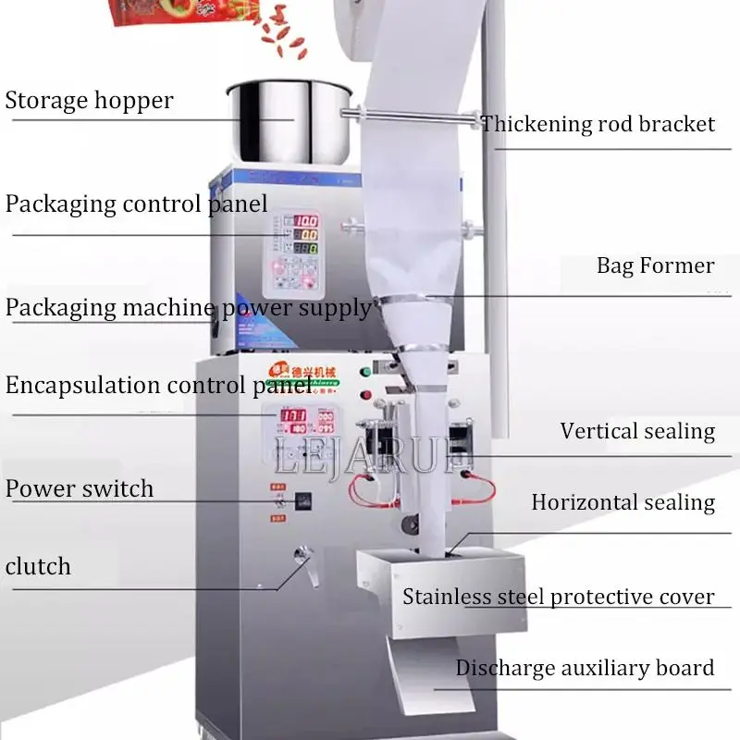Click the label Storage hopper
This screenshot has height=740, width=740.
(x=89, y=100)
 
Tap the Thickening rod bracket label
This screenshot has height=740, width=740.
(x=598, y=124)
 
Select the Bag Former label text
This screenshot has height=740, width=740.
(x=655, y=266)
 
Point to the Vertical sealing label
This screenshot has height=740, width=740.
(x=637, y=431)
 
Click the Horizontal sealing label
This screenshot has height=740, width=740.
(x=623, y=502)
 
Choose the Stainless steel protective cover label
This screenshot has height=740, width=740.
(x=558, y=597)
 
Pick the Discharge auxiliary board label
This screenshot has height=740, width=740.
(x=585, y=668)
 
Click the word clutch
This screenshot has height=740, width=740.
(x=38, y=566)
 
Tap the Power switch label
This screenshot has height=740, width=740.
(x=80, y=488)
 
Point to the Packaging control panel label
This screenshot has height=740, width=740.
(x=137, y=203)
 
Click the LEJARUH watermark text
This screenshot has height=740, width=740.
(x=370, y=456)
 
